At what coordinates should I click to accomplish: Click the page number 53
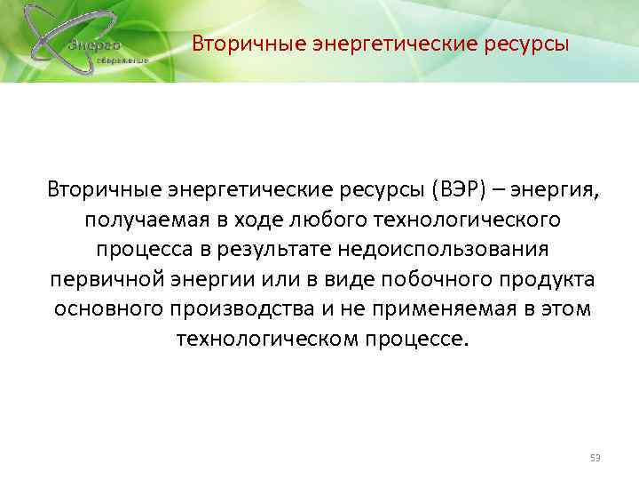click(x=596, y=458)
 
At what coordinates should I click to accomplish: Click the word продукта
click(x=548, y=279)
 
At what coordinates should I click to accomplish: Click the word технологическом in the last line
click(x=260, y=340)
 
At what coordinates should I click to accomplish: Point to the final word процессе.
click(x=408, y=340)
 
